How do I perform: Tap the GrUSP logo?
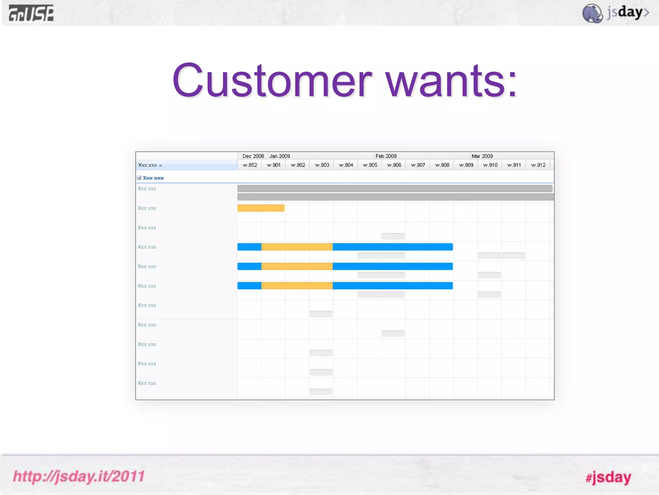31,14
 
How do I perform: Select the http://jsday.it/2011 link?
79,476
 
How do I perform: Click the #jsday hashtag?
608,477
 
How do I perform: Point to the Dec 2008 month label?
253,156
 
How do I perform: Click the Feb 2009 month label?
386,156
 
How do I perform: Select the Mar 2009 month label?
482,156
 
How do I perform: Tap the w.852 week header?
250,165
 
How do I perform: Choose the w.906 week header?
394,165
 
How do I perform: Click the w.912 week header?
538,165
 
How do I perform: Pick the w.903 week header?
322,165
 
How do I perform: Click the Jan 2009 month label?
280,156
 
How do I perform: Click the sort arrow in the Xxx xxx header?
161,165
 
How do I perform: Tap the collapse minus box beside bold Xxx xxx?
139,178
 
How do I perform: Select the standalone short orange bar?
261,208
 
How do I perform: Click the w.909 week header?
466,165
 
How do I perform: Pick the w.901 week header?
274,165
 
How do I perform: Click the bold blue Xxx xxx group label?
153,178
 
